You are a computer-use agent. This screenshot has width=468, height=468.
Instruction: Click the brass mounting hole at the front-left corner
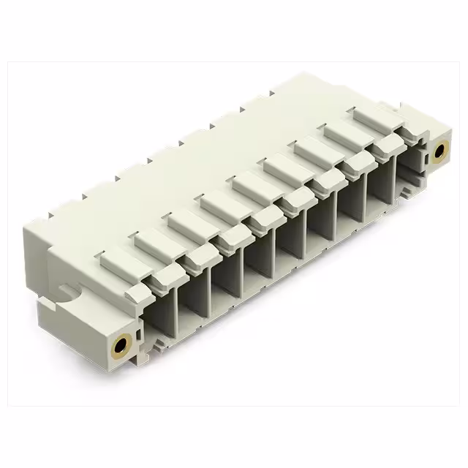click(120, 343)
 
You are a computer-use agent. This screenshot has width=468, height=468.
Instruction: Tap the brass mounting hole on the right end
click(439, 151)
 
